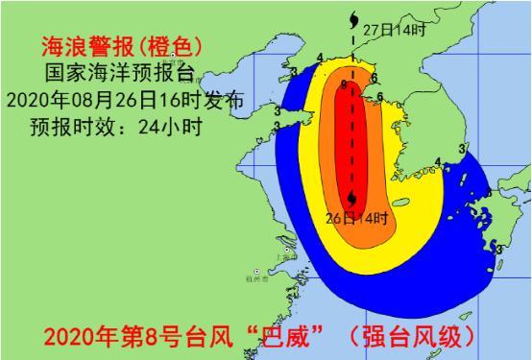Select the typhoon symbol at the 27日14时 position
(355, 16)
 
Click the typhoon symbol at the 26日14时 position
(354, 198)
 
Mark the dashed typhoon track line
(354, 125)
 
